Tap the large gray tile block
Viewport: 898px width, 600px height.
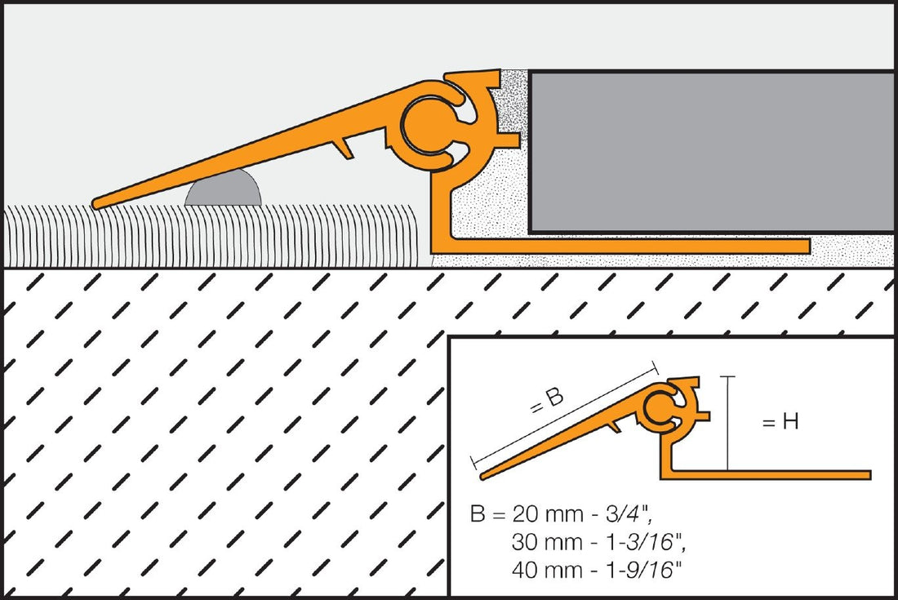pyautogui.click(x=710, y=151)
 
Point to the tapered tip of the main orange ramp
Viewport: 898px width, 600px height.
pyautogui.click(x=100, y=202)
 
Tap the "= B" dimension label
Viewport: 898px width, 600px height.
pyautogui.click(x=547, y=400)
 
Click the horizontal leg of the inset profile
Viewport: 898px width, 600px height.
pyautogui.click(x=776, y=474)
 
